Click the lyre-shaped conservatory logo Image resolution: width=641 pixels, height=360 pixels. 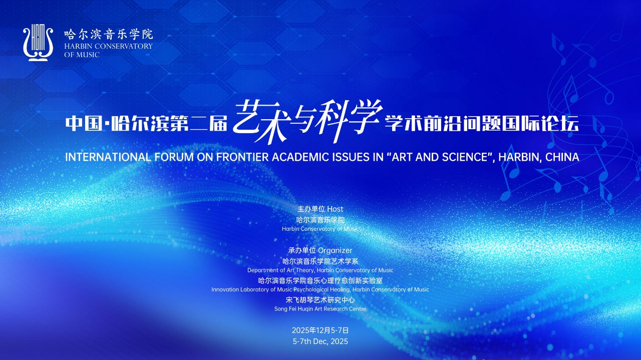pyautogui.click(x=38, y=43)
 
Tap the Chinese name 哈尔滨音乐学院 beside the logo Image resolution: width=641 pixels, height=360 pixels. pyautogui.click(x=109, y=35)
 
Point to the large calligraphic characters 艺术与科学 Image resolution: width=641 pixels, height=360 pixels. pyautogui.click(x=307, y=121)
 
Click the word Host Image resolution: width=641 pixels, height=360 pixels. pyautogui.click(x=335, y=209)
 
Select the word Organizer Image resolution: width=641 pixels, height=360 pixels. pyautogui.click(x=335, y=250)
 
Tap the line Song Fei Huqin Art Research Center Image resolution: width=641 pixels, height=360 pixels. pyautogui.click(x=320, y=309)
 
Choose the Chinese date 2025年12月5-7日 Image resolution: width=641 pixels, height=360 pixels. pyautogui.click(x=320, y=330)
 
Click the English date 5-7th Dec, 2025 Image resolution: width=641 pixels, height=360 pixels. pyautogui.click(x=320, y=341)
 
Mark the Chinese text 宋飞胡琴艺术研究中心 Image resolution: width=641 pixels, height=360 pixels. pyautogui.click(x=320, y=300)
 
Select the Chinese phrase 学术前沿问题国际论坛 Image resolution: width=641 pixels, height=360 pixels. pyautogui.click(x=482, y=124)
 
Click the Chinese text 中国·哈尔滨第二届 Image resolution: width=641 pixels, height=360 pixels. pyautogui.click(x=146, y=124)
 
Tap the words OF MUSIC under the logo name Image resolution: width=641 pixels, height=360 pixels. pyautogui.click(x=82, y=55)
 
